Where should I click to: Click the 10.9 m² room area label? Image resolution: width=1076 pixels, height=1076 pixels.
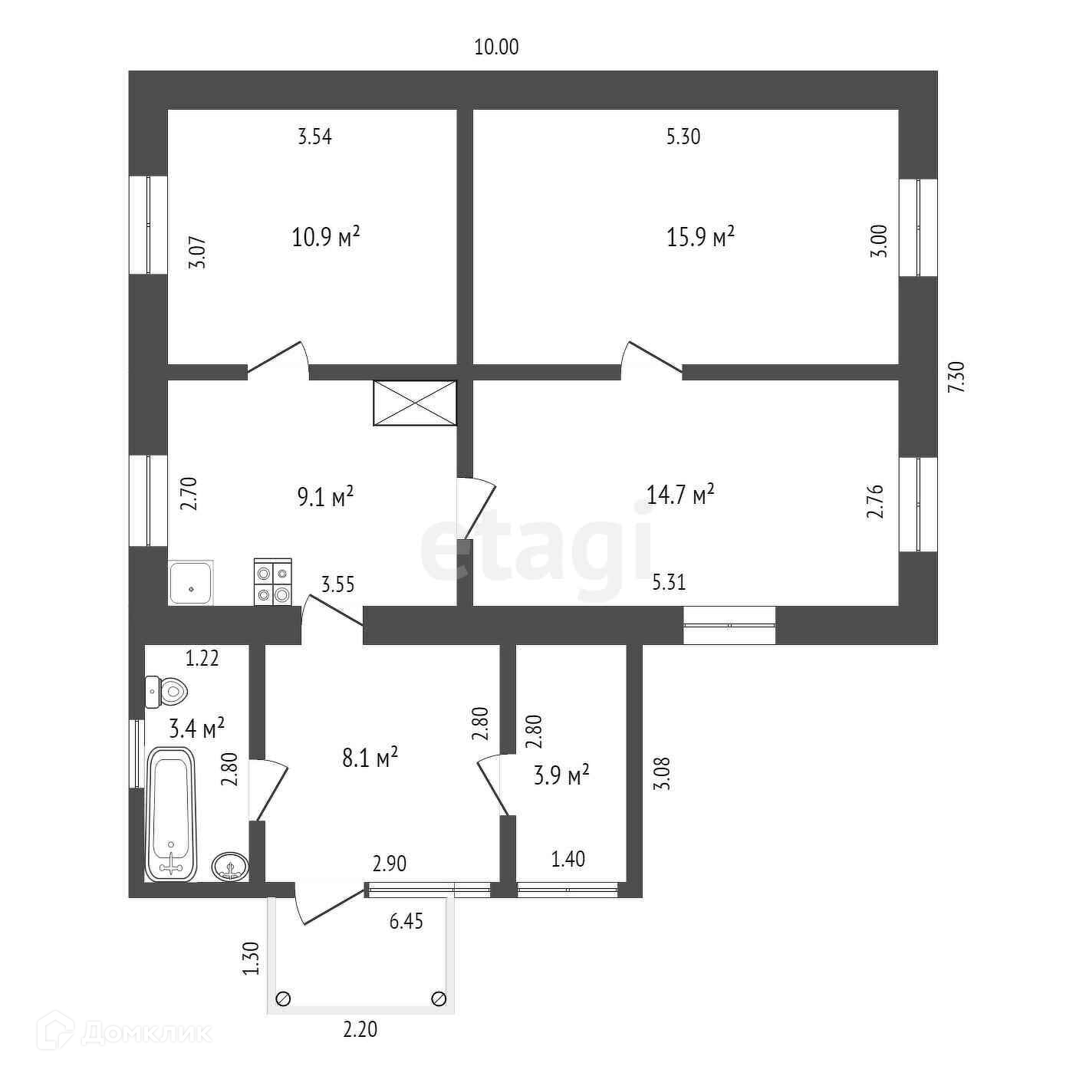coord(326,236)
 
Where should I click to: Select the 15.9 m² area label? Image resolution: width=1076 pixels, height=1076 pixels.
coord(700,236)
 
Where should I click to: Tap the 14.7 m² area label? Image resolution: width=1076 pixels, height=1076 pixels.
coord(680,494)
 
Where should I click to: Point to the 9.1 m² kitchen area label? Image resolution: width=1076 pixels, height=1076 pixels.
coord(325,497)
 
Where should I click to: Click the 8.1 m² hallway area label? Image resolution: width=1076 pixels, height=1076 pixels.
coord(370,758)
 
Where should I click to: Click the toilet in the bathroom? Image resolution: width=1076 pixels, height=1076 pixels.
coord(166,692)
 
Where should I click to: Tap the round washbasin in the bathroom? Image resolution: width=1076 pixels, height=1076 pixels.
coord(230,866)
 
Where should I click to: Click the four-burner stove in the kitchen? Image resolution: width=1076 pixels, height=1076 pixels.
coord(273,583)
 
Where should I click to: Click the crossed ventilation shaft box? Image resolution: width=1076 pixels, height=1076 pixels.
coord(414,403)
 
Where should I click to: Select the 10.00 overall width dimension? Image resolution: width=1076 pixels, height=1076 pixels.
coord(496,48)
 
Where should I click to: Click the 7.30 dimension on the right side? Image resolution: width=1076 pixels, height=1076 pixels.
coord(958,377)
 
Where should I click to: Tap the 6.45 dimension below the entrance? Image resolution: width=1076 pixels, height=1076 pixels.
coord(406,921)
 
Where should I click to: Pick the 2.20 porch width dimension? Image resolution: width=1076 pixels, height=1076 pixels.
coord(360,1029)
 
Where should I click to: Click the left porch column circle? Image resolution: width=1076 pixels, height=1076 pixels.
coord(283,999)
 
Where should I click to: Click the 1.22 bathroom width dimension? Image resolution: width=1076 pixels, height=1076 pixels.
coord(202,658)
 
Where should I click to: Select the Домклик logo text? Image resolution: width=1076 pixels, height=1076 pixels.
coord(146,1032)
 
